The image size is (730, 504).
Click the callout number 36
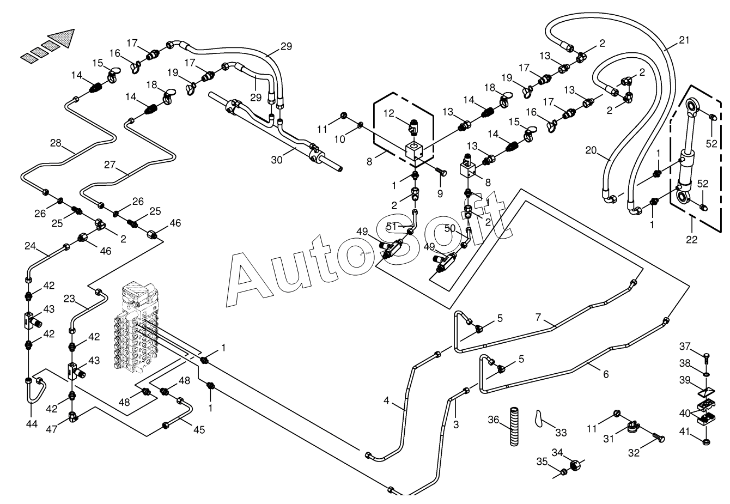pyautogui.click(x=494, y=420)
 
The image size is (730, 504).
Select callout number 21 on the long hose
pyautogui.click(x=684, y=40)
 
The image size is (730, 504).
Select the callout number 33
pyautogui.click(x=561, y=433)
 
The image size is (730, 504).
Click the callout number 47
pyautogui.click(x=52, y=430)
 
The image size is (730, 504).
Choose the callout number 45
pyautogui.click(x=199, y=430)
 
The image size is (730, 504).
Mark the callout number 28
pyautogui.click(x=56, y=143)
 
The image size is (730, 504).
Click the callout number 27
pyautogui.click(x=110, y=165)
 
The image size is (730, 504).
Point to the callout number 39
pyautogui.click(x=685, y=379)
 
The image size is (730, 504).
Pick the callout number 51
pyautogui.click(x=391, y=226)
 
